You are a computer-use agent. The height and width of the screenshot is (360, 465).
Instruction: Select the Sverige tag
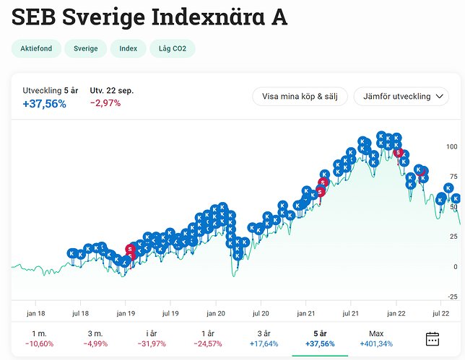[85, 49]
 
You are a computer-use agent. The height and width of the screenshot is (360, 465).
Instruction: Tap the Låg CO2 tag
[172, 49]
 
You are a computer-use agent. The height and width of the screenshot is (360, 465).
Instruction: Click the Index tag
[128, 49]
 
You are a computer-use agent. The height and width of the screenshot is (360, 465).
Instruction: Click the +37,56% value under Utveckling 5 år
[45, 104]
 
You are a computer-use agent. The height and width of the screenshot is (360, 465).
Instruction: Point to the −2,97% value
[105, 103]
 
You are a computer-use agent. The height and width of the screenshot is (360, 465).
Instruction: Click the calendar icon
[433, 338]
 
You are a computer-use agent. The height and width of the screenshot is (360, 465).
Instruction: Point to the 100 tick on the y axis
[452, 146]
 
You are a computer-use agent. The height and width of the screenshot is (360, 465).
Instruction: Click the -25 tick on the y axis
[452, 297]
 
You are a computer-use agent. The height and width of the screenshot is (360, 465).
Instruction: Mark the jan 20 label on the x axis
[216, 314]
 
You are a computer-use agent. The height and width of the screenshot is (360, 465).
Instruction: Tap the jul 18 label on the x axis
[80, 314]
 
